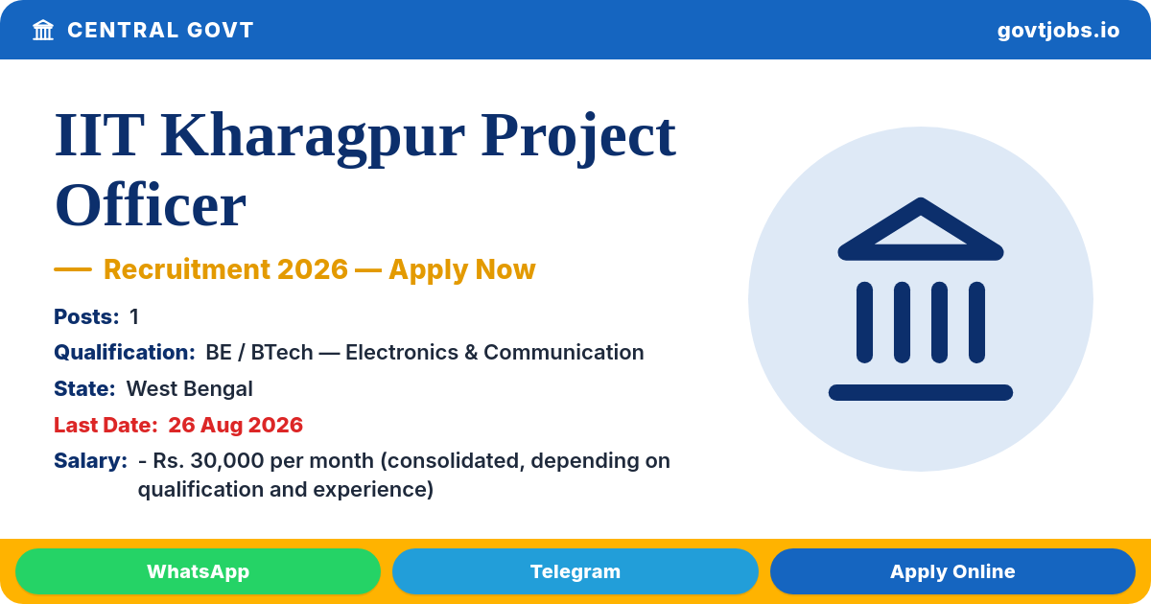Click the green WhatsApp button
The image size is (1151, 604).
pos(198,571)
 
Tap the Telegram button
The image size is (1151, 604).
pos(575,571)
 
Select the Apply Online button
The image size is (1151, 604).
pos(952,571)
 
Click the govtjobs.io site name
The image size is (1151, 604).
pos(1058,31)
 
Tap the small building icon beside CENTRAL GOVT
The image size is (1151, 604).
pos(43,30)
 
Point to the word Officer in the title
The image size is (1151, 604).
pos(150,205)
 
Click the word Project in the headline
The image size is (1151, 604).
pos(578,138)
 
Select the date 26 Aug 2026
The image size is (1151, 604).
pos(235,425)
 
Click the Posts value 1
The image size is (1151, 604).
pos(134,316)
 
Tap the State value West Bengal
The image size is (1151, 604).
pos(189,389)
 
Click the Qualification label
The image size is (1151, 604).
pos(125,353)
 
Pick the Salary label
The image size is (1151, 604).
pos(90,461)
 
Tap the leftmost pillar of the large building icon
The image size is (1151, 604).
pos(864,322)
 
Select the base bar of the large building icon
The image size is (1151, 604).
pos(920,392)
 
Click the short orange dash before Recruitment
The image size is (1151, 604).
pos(73,269)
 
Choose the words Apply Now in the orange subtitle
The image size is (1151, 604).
pos(462,269)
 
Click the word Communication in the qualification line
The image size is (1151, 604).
pos(564,353)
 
